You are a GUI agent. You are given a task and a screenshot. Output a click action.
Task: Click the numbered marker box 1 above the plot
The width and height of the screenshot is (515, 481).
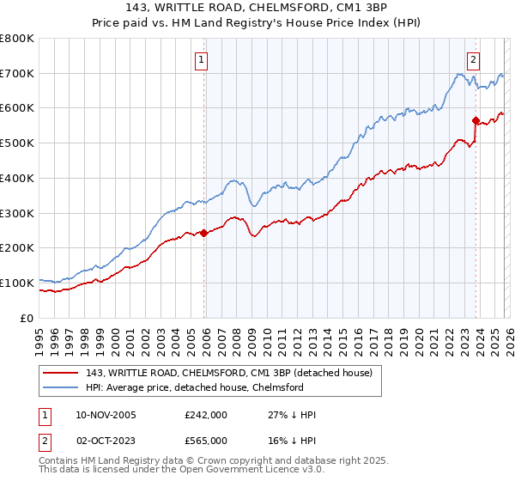tap(201, 60)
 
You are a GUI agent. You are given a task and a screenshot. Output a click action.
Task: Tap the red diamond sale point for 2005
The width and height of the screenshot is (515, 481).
tap(203, 233)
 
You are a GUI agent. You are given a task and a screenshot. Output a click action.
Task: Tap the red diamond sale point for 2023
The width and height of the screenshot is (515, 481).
tap(475, 120)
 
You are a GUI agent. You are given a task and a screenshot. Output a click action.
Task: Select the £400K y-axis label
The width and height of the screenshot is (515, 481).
tap(17, 178)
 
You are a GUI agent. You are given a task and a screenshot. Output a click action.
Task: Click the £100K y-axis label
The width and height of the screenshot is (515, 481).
tap(17, 283)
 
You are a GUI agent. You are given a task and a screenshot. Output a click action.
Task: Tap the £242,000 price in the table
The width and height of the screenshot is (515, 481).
tap(206, 415)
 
